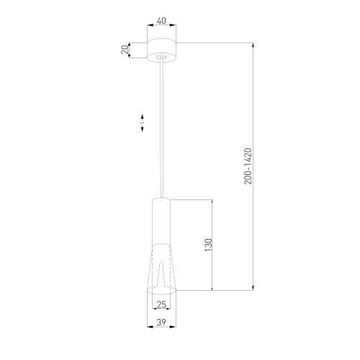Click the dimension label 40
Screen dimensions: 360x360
pos(161,21)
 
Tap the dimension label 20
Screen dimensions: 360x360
pos(125,50)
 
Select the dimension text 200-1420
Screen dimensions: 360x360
pos(248,166)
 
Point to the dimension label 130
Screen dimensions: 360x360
pos(209,245)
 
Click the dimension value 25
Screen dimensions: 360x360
pos(161,305)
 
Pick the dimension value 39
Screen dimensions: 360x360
pos(161,322)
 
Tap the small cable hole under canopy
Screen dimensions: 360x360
pos(161,57)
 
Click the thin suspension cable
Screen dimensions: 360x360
pos(162,128)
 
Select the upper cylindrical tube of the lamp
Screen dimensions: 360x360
pos(161,222)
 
